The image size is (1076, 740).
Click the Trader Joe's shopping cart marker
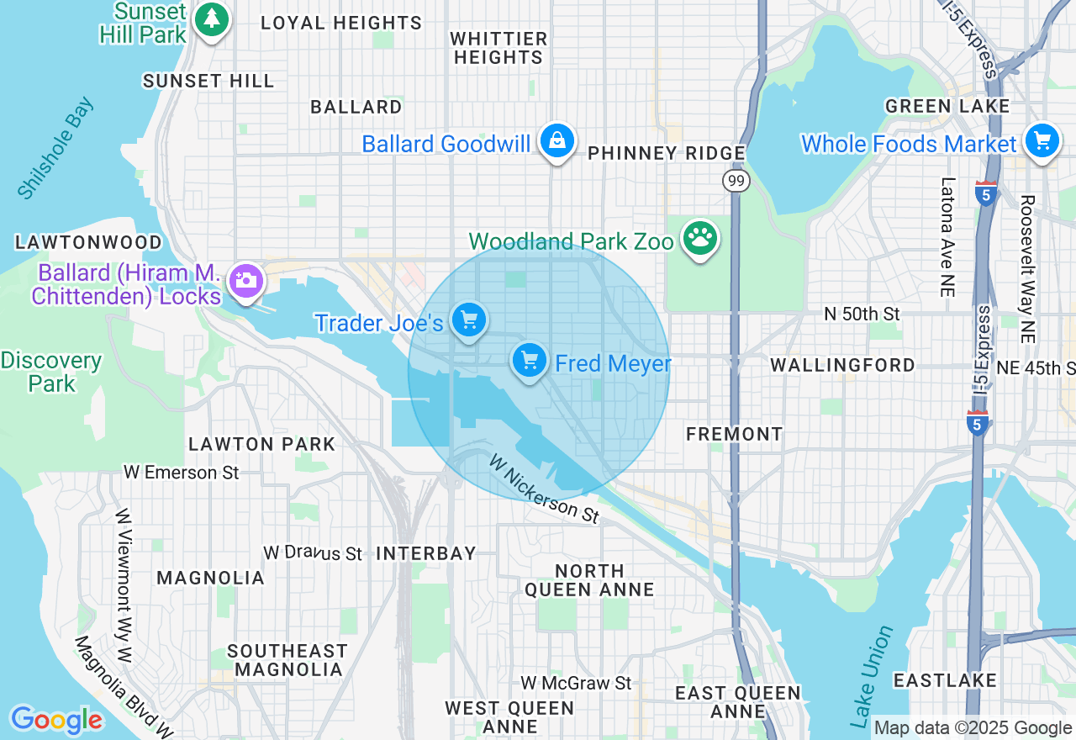(x=469, y=320)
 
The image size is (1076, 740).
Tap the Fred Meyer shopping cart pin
(x=530, y=361)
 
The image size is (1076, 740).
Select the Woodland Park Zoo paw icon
(x=699, y=240)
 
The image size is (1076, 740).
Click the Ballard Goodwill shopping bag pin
(x=557, y=141)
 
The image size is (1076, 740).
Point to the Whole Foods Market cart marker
(x=1042, y=141)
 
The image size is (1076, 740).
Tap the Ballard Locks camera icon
(x=245, y=279)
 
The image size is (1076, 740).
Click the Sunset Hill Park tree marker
(x=212, y=18)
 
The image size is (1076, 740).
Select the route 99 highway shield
(x=736, y=181)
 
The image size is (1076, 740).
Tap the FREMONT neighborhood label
(x=734, y=434)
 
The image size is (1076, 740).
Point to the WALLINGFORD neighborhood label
(x=842, y=365)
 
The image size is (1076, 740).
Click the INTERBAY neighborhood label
(x=425, y=553)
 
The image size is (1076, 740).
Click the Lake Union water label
(x=872, y=676)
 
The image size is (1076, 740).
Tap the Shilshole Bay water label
(x=55, y=149)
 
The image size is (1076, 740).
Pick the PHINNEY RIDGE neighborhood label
(x=666, y=153)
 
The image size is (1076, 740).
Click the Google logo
(x=56, y=720)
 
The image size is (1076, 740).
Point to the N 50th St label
(x=862, y=314)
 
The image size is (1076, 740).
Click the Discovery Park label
(x=51, y=372)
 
